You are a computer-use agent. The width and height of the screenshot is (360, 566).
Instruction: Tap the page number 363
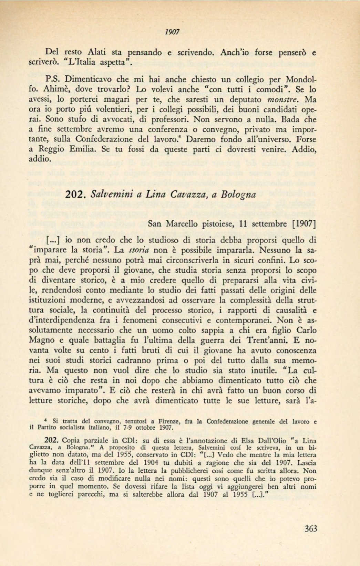pos(311,528)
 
